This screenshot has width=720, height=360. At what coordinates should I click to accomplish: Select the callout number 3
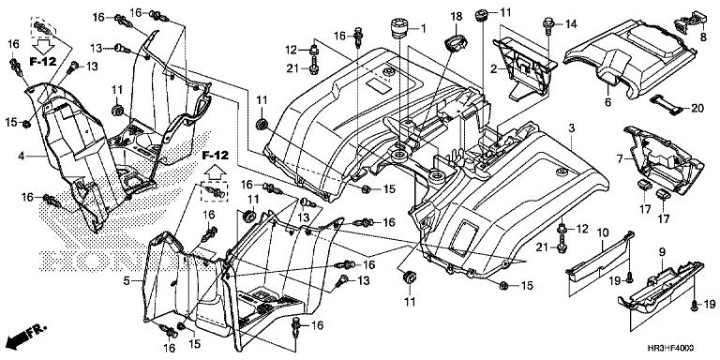569,127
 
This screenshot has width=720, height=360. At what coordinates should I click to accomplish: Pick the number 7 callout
619,160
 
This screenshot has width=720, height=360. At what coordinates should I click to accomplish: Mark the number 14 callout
570,25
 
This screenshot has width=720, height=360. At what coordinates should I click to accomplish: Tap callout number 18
456,17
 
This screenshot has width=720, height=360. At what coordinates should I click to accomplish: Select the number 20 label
697,108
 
